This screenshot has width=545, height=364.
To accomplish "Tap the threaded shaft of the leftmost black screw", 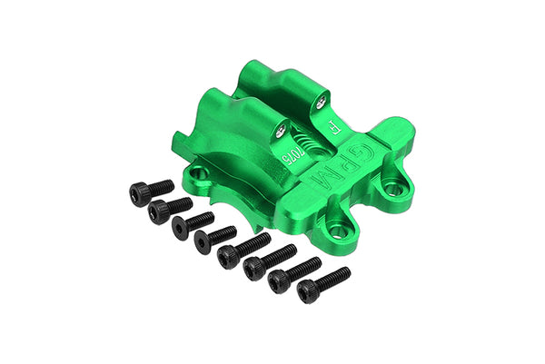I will coord(161,185).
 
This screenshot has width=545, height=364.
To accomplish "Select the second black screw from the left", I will coord(169,208).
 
